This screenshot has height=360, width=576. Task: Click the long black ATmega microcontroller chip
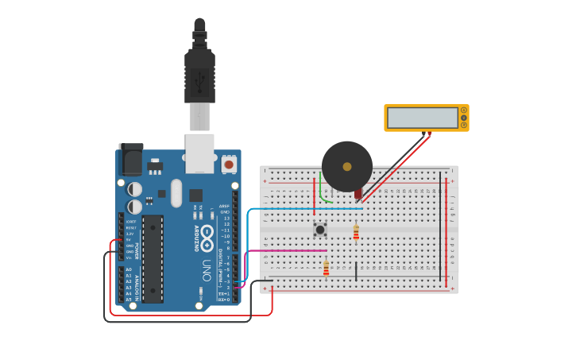(x=153, y=258)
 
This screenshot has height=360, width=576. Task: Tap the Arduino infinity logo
(x=207, y=234)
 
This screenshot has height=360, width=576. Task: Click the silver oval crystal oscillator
(x=176, y=192)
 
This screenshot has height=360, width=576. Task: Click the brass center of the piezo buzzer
(x=347, y=167)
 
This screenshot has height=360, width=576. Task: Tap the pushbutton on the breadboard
(x=320, y=230)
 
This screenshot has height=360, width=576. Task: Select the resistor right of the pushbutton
(x=356, y=232)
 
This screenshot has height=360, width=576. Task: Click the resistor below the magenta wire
(x=326, y=269)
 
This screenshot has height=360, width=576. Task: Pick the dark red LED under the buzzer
(x=358, y=193)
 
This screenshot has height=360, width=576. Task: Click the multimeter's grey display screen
(x=423, y=118)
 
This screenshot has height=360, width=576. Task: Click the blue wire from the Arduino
(x=302, y=209)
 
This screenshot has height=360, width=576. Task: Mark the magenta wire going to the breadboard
(x=286, y=250)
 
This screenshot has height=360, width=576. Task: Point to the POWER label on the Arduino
(x=137, y=251)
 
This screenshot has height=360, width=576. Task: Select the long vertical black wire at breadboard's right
(x=441, y=226)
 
